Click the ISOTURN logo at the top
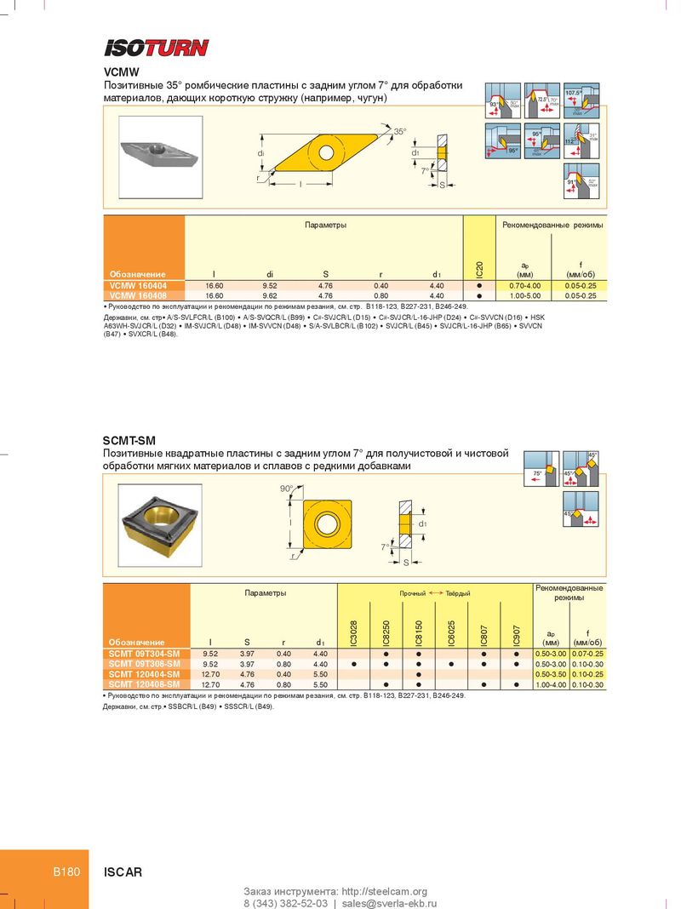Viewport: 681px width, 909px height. click(x=156, y=48)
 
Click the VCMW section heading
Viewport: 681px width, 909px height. click(x=121, y=73)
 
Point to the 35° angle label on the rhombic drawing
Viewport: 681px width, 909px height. click(x=399, y=132)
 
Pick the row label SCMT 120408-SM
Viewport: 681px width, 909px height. click(x=145, y=683)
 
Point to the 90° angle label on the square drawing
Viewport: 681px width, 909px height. click(x=286, y=489)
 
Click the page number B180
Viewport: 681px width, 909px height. click(x=66, y=872)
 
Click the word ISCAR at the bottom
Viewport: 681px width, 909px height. click(x=123, y=872)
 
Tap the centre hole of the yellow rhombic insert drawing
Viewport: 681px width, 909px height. click(x=327, y=152)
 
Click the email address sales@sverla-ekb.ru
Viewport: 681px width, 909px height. click(x=389, y=903)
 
